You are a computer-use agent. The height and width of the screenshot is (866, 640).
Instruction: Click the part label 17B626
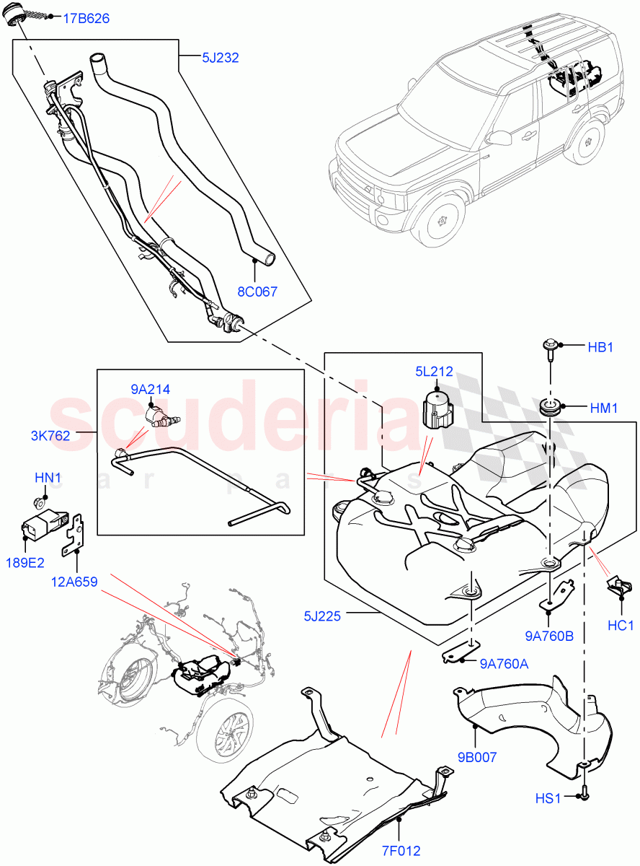point(86,19)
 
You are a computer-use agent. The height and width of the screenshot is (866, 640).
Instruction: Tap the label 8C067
point(257,292)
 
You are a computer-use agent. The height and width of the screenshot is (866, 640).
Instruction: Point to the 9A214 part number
point(150,390)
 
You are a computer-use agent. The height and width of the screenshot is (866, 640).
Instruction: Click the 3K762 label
point(50,436)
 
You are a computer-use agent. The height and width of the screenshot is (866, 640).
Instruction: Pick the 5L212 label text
point(434,372)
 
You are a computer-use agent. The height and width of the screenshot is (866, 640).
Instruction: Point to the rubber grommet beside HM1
point(551,407)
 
